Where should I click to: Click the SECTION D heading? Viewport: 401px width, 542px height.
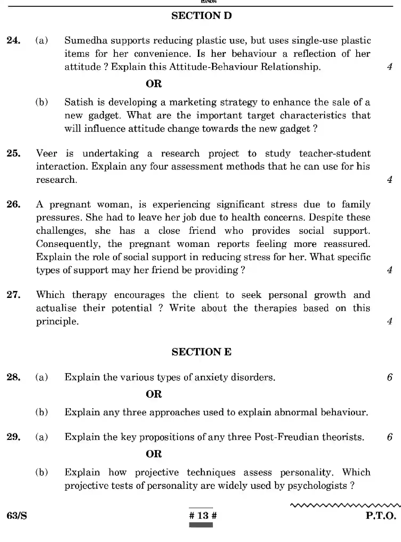(201, 16)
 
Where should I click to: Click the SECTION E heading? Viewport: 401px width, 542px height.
(201, 352)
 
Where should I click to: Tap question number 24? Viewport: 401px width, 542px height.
(14, 41)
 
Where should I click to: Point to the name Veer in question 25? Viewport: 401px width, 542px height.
(46, 153)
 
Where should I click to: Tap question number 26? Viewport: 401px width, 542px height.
(14, 204)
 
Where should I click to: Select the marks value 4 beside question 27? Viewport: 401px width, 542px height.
(390, 321)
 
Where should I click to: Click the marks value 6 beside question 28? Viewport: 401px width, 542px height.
(390, 377)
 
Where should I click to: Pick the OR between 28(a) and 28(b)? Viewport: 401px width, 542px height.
(154, 394)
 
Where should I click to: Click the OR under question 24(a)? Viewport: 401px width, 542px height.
(154, 84)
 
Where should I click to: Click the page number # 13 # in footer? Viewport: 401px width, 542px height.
(203, 515)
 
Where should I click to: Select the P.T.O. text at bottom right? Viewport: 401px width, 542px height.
(381, 516)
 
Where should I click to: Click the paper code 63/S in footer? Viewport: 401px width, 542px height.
(17, 516)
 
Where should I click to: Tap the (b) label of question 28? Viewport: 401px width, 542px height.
(42, 412)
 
